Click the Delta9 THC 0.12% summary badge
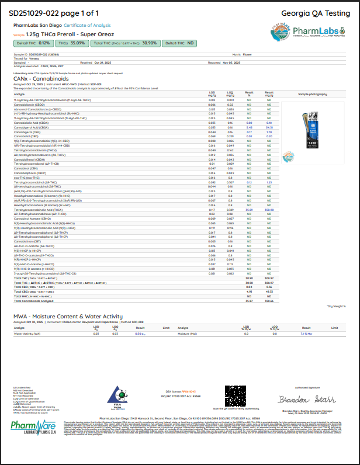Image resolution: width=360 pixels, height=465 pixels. (32, 43)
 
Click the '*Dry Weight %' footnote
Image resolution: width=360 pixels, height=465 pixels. (337, 306)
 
